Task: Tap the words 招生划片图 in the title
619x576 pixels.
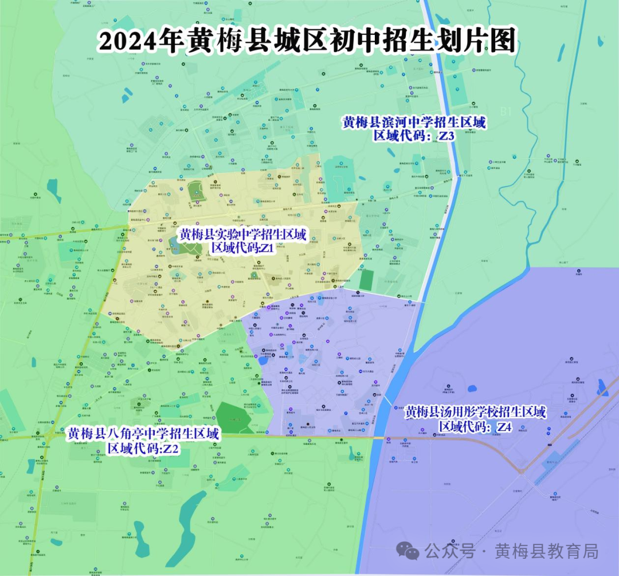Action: coord(437,42)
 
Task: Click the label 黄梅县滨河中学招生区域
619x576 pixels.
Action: coord(414,122)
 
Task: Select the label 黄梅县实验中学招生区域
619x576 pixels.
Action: coord(244,234)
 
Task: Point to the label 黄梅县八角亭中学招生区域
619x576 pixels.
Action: coord(143,434)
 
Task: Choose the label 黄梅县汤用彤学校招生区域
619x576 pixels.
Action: coord(475,412)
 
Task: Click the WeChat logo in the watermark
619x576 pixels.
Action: coord(409,551)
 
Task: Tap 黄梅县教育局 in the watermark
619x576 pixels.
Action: coord(547,551)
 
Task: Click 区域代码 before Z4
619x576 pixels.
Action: coord(463,427)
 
